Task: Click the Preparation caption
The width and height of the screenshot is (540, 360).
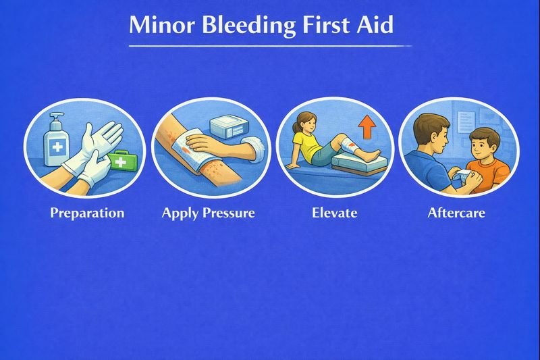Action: [87, 213]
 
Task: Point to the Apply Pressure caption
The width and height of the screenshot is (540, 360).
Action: [208, 213]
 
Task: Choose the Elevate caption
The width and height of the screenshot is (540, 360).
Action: [335, 213]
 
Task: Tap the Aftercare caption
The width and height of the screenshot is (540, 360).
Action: [456, 213]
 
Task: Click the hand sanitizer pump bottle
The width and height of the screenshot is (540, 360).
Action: [55, 140]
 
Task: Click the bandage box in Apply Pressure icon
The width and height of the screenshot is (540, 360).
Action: [230, 127]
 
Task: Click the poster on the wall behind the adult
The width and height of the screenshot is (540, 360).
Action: [466, 122]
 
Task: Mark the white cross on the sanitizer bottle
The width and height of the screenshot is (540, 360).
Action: [54, 147]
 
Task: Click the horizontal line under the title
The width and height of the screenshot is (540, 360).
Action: [270, 46]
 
